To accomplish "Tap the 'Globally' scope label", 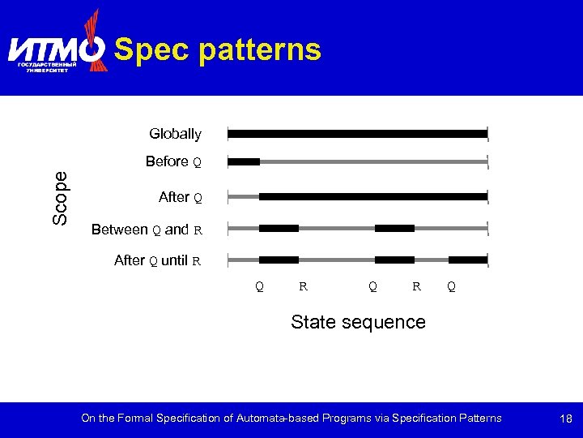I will [175, 133].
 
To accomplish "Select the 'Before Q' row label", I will [173, 162].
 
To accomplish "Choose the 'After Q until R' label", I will [158, 261].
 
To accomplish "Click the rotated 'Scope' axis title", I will [60, 198].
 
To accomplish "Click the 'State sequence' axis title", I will [358, 322].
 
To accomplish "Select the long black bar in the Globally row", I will [358, 134].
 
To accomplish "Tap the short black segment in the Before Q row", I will [244, 162].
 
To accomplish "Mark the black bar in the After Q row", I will [373, 196].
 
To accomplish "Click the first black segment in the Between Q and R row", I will [279, 229].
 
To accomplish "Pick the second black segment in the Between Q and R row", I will [394, 229].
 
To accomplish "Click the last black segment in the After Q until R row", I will [468, 260].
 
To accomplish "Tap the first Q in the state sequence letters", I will [259, 286].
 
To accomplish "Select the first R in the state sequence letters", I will [302, 286].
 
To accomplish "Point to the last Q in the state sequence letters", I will [451, 286].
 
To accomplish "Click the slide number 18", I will [565, 419].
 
